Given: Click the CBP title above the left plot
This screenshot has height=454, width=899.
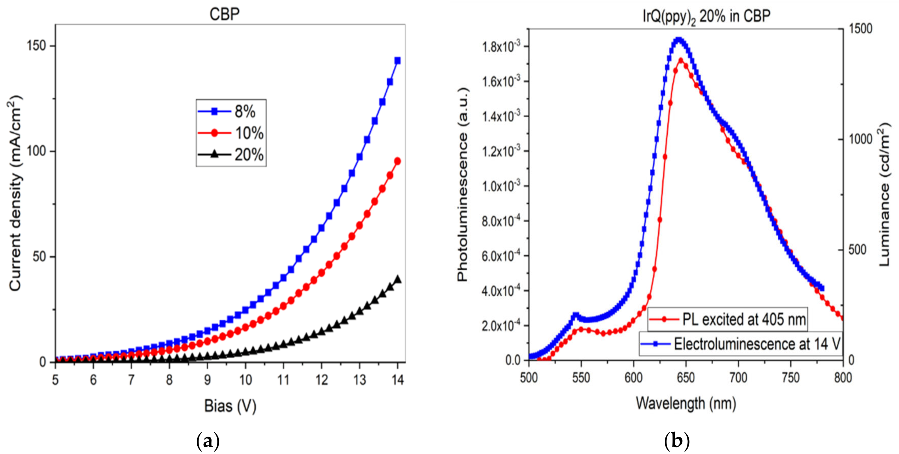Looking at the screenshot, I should [x=224, y=14].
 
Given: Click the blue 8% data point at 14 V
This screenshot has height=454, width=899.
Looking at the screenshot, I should [x=397, y=61].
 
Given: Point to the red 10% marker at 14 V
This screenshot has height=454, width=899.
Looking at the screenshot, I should [x=397, y=161].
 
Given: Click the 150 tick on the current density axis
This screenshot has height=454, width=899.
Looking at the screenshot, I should [x=36, y=46].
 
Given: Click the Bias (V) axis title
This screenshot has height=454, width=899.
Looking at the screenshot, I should [x=230, y=406].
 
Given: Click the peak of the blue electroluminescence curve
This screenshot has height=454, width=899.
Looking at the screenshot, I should [x=678, y=40].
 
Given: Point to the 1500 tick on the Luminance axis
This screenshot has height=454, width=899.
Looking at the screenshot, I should [x=860, y=29].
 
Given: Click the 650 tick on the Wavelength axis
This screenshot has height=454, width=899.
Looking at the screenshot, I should [x=686, y=378].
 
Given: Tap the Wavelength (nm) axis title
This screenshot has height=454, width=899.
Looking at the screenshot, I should [x=686, y=403].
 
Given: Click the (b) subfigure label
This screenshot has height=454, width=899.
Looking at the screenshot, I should [x=677, y=441].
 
